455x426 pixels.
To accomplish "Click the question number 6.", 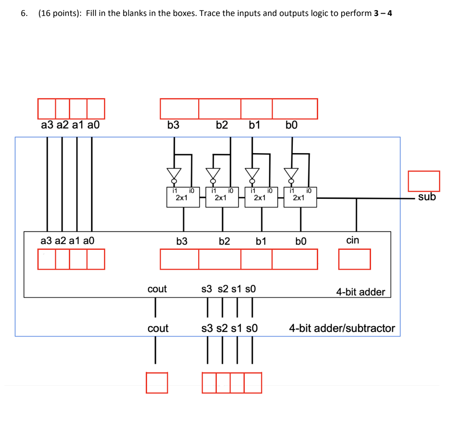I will [24, 13].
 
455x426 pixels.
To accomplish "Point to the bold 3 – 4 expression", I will [383, 13].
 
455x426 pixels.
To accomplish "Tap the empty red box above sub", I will [424, 181].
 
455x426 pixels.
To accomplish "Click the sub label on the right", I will [427, 197].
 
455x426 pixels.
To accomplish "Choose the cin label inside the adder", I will [352, 240].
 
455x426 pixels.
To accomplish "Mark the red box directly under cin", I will [354, 259].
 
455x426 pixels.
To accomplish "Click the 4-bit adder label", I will [360, 292].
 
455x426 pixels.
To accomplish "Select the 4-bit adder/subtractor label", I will [342, 328].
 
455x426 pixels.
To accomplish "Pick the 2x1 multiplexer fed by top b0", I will [298, 197].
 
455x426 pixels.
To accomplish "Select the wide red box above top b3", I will [180, 109].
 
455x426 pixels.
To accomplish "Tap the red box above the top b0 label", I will [295, 109].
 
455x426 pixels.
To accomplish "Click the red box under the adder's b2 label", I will [220, 259].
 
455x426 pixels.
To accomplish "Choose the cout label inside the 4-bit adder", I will [157, 289].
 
